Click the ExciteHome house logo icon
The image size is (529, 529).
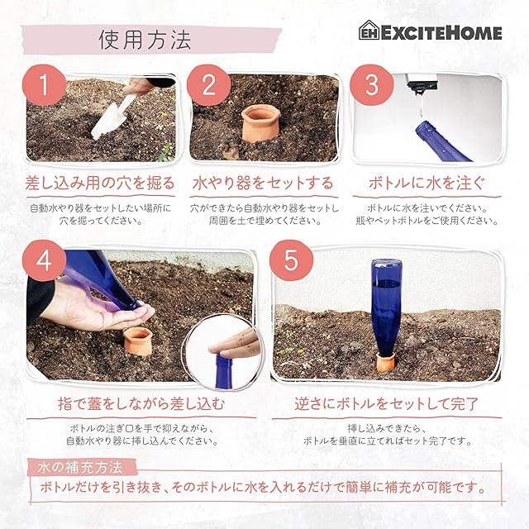(x=369, y=31)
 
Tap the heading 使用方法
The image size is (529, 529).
(x=145, y=40)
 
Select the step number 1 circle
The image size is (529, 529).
(x=44, y=85)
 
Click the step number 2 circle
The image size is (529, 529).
(x=208, y=85)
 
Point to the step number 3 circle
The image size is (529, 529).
(x=372, y=85)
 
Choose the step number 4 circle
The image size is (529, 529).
(x=44, y=261)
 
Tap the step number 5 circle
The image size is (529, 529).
(x=292, y=261)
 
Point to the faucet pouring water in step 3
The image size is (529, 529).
(x=422, y=83)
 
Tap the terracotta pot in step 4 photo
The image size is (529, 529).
(x=138, y=341)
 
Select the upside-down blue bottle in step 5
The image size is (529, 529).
(x=386, y=308)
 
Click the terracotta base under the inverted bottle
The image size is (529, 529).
(x=386, y=363)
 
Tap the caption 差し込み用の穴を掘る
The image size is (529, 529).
(x=100, y=183)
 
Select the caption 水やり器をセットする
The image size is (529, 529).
(x=263, y=183)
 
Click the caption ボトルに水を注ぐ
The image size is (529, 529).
(x=427, y=183)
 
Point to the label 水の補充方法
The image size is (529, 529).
(x=80, y=468)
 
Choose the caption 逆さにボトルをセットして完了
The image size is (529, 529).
(x=387, y=403)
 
